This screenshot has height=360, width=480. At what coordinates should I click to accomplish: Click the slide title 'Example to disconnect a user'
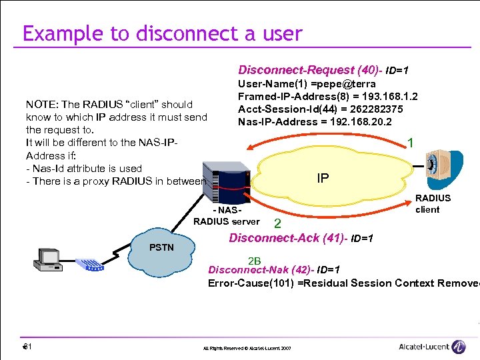(x=162, y=33)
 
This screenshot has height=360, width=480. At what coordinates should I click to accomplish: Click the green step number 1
(x=411, y=143)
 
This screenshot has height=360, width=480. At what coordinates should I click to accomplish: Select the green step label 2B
(x=254, y=260)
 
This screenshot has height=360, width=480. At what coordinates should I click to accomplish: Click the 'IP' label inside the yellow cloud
(x=323, y=179)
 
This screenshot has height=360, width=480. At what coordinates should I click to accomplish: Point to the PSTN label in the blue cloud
(x=161, y=247)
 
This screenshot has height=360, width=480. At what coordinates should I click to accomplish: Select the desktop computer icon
(x=48, y=259)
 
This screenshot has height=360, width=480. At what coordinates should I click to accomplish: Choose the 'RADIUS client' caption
(x=433, y=203)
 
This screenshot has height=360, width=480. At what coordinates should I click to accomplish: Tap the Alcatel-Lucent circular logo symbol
(x=458, y=347)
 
